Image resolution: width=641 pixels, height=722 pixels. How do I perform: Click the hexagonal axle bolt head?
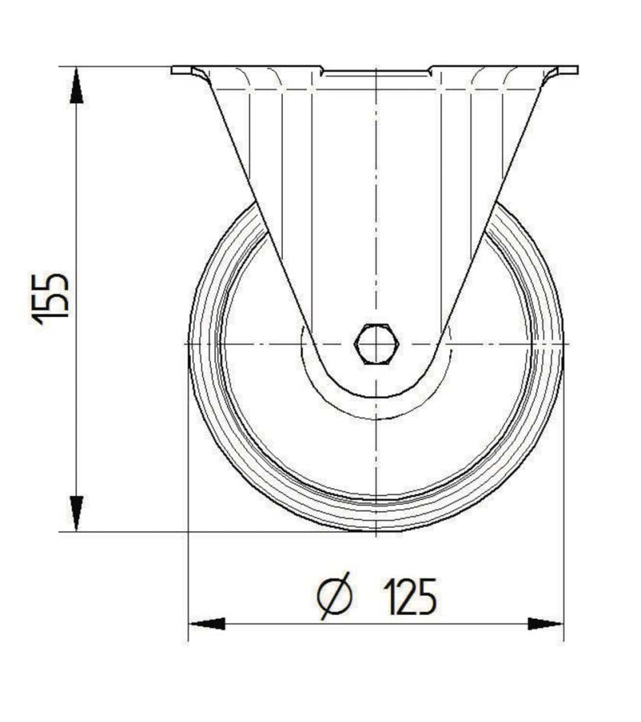tap(376, 345)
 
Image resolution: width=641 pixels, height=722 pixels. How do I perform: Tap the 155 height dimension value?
tap(52, 298)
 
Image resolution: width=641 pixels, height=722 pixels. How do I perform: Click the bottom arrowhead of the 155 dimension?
tap(76, 512)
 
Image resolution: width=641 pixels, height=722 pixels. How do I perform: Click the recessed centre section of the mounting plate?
tap(376, 73)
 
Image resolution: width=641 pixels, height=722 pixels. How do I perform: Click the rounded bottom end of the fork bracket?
tap(376, 397)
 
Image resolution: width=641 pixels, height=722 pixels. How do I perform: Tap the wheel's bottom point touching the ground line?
tap(376, 531)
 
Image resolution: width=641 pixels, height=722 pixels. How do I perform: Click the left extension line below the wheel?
tap(188, 581)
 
